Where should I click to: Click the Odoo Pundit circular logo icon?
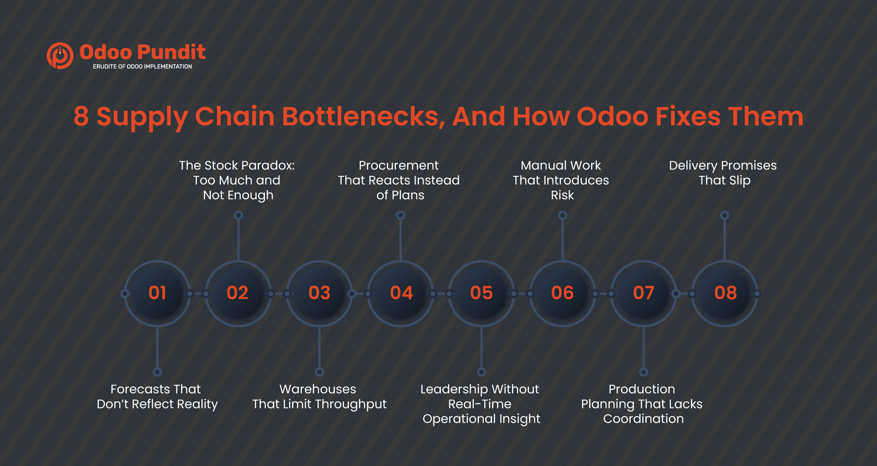(60, 56)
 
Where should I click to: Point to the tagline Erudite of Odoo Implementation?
(143, 67)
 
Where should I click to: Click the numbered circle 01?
(158, 293)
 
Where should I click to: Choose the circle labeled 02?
(238, 293)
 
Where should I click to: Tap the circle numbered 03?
(319, 293)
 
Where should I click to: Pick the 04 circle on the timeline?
(401, 293)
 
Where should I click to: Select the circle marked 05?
(481, 293)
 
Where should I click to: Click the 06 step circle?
(562, 293)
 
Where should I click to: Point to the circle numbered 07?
(644, 293)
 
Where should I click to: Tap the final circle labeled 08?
(725, 293)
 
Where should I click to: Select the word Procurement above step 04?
(398, 165)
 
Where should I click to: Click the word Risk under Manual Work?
(562, 195)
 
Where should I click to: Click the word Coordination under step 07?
(643, 419)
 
